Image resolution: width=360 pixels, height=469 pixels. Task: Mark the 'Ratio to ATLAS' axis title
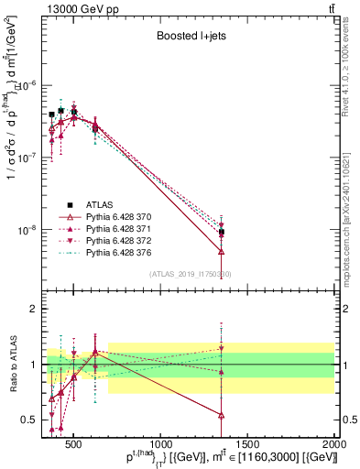(x=12, y=365)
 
